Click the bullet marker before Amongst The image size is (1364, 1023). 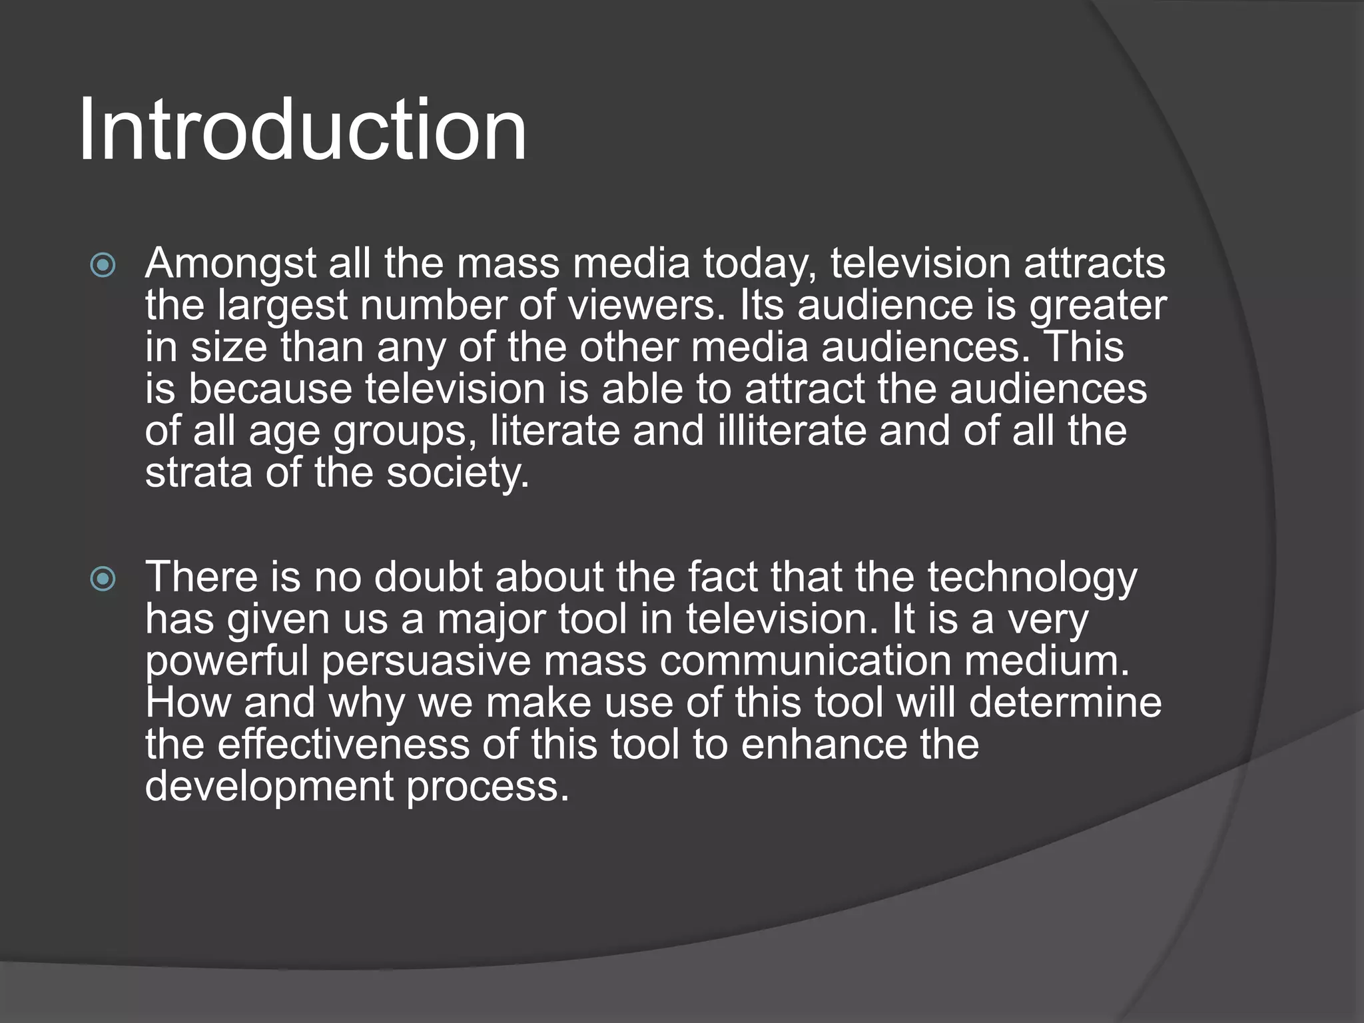coord(103,266)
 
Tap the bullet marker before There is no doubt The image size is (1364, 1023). coord(103,579)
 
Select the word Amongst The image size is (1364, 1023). coord(230,264)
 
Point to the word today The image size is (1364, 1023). coord(760,264)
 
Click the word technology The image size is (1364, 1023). coord(1032,578)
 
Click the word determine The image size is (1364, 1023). coord(1065,703)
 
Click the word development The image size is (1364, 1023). coord(269,788)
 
